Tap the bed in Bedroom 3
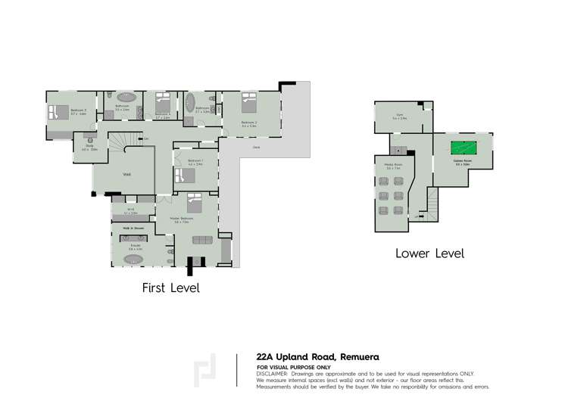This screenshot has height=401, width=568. click(58, 113)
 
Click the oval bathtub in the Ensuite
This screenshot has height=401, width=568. click(134, 259)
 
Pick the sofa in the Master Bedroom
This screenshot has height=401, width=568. click(202, 240)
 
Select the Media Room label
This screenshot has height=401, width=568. click(392, 165)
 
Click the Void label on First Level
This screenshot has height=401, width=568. click(126, 175)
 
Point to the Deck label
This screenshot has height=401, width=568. click(256, 148)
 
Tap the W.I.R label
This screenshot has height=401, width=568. click(130, 210)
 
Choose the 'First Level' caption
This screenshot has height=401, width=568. click(170, 288)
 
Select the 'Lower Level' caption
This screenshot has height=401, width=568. click(429, 253)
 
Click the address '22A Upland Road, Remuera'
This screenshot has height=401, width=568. click(317, 356)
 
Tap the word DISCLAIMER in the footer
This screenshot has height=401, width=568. click(273, 372)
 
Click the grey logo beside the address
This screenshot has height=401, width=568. click(204, 370)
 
